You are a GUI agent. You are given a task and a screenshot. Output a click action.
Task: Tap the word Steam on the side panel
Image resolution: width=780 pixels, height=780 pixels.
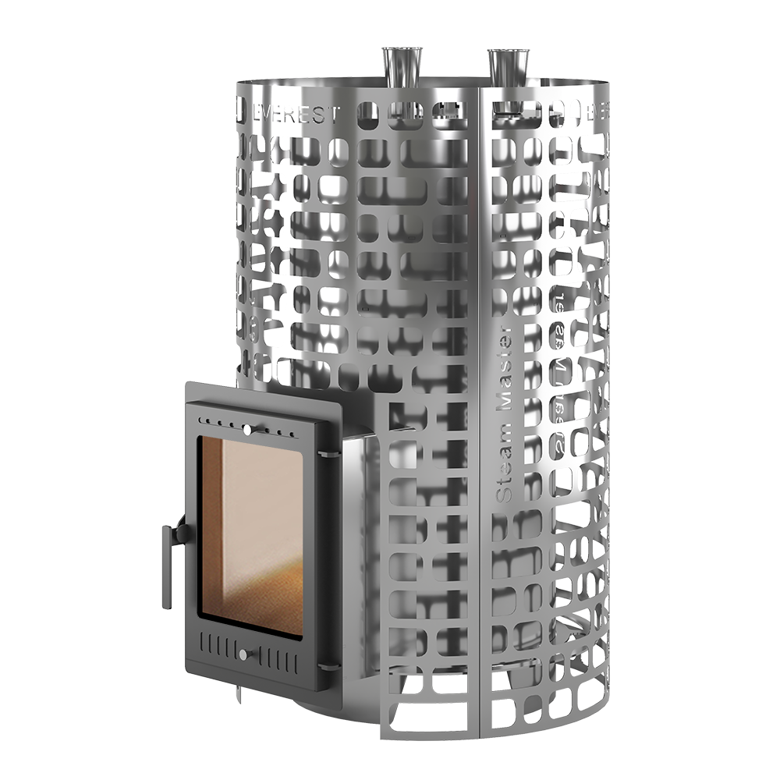click(505, 467)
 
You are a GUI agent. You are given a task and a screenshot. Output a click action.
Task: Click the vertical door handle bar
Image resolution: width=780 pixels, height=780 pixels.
click(167, 566)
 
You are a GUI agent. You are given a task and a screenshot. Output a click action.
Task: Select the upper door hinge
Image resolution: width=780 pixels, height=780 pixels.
click(331, 452)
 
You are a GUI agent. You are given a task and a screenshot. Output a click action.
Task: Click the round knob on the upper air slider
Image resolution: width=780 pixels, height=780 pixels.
click(247, 428)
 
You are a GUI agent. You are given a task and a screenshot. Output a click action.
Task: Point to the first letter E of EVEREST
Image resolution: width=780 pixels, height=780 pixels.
click(261, 114)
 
